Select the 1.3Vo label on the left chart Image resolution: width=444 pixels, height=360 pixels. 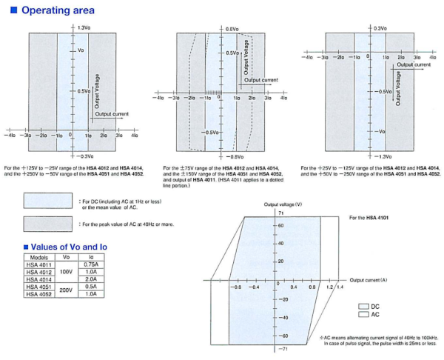(x=85, y=27)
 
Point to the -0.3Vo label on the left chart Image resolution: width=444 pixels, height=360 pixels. (x=85, y=156)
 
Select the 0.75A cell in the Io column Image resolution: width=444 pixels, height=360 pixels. (x=91, y=264)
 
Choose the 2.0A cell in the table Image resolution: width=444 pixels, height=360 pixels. (x=91, y=279)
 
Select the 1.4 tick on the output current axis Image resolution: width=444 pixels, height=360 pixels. (x=340, y=286)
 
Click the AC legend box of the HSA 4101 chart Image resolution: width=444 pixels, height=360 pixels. (x=363, y=315)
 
